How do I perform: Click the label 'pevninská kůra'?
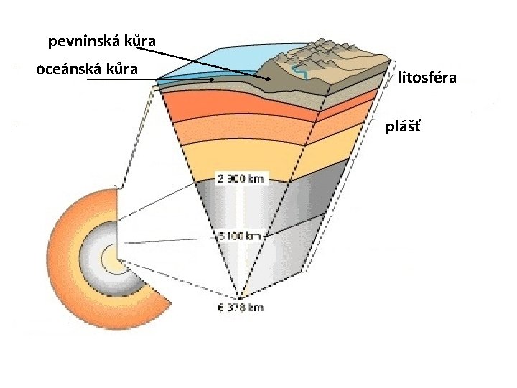click(x=101, y=41)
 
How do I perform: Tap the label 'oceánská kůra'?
click(x=87, y=70)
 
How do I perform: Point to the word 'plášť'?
click(x=404, y=127)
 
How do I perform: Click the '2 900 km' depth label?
click(x=240, y=178)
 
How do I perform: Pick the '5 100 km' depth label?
click(x=241, y=235)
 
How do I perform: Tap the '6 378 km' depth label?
click(x=240, y=308)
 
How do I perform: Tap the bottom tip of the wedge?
click(x=239, y=298)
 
